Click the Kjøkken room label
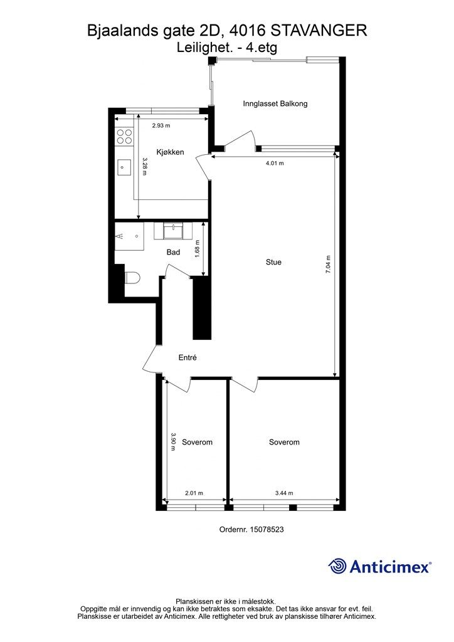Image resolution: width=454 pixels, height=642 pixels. tap(170, 152)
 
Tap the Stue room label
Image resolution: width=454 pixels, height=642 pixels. tap(273, 262)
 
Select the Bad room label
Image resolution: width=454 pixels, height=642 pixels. tap(173, 252)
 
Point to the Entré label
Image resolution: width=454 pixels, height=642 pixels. tap(187, 357)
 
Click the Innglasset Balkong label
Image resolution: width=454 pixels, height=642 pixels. tap(275, 103)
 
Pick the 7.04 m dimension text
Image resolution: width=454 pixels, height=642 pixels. tap(327, 265)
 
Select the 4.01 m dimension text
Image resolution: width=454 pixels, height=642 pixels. tap(275, 163)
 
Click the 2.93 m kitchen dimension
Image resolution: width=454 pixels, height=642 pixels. tap(161, 125)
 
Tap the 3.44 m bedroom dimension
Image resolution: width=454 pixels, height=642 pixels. tap(284, 493)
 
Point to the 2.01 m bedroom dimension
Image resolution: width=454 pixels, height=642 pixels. tap(194, 493)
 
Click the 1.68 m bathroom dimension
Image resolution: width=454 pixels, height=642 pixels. tap(198, 248)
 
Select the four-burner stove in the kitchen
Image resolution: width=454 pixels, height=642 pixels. tap(124, 136)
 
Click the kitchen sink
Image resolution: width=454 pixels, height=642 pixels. tap(124, 167)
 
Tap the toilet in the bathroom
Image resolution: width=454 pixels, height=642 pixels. tap(132, 278)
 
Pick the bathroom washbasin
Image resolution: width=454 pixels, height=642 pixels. tap(174, 231)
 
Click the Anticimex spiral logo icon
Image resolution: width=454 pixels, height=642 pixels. tap(337, 566)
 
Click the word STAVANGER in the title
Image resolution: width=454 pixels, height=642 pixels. tap(319, 31)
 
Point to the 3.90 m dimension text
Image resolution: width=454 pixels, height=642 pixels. tap(173, 442)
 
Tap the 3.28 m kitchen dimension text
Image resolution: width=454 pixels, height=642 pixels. tap(144, 167)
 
